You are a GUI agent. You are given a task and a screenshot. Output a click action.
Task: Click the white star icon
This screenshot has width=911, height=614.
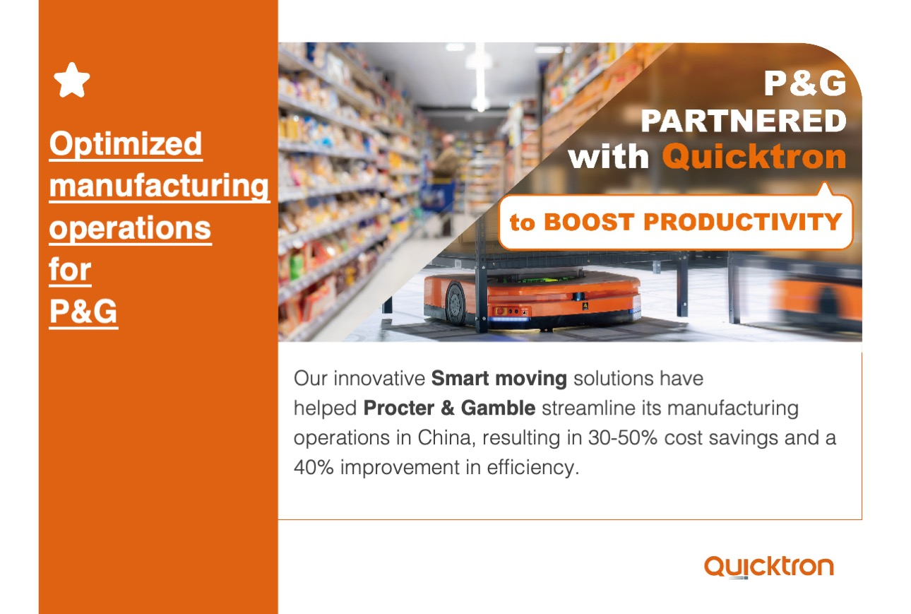pos(71,80)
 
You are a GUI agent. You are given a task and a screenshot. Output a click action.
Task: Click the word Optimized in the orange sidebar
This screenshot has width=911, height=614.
pos(126,144)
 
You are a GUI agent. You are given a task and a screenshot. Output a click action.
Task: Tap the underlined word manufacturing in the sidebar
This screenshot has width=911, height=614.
pos(159,187)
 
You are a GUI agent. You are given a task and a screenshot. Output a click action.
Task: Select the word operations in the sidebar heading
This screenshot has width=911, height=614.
pos(130,228)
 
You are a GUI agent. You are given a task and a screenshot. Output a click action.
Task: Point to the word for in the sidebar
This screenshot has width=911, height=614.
pos(70,270)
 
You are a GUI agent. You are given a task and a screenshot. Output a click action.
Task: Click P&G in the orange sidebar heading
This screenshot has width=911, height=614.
pos(83,312)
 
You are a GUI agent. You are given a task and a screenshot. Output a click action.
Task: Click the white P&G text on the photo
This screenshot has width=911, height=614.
pos(805,83)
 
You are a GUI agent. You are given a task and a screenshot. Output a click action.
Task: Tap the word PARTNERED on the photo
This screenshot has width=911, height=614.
pos(744,121)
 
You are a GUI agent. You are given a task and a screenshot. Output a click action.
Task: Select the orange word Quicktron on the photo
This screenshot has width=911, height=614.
pos(754,157)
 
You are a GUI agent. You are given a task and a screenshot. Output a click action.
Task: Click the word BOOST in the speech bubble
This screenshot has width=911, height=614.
pos(589,222)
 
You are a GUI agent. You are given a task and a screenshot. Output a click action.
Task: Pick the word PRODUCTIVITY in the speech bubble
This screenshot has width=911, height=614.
pos(743,222)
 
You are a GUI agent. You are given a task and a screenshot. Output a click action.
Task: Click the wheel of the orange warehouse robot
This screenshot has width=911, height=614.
pos(456,304)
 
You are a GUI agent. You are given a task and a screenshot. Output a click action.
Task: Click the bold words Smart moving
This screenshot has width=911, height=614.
pos(499,379)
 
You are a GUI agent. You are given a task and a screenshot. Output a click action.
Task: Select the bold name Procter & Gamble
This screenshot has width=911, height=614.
pos(449,408)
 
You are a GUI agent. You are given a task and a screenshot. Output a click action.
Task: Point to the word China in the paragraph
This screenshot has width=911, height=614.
pos(446,438)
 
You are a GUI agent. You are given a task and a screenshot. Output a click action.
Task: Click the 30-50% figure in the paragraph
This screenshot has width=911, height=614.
pos(623,438)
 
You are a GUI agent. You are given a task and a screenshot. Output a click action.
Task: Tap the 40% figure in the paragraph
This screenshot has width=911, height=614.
pos(314,468)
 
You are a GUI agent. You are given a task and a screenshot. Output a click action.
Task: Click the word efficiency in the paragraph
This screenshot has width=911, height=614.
pos(533,468)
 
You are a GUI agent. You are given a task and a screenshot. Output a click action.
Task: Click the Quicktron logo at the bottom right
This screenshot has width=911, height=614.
pos(768,567)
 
